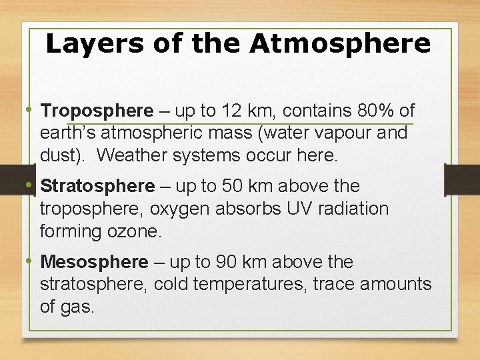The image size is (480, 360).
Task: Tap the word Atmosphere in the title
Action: [x=340, y=44]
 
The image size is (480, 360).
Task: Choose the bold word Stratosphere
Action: [x=97, y=186]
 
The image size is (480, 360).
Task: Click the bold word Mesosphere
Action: [x=94, y=261]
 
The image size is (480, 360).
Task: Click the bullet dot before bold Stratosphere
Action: [x=32, y=184]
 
